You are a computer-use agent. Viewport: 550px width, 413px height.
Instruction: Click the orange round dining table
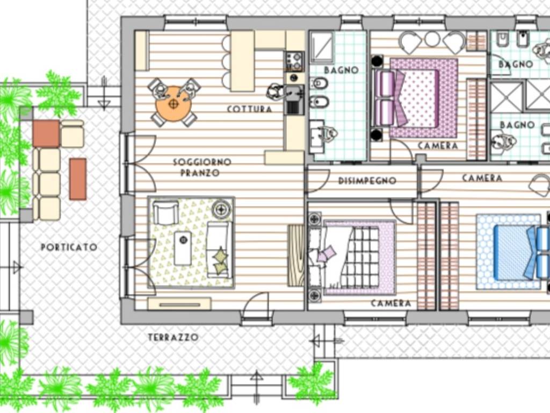coord(173,104)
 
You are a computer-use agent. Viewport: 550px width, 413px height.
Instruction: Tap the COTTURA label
coord(249,109)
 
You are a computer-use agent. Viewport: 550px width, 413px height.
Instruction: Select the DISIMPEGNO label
coord(367,181)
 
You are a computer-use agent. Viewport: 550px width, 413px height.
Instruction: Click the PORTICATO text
coord(69,247)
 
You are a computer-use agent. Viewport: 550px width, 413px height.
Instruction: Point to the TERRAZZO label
coord(173,338)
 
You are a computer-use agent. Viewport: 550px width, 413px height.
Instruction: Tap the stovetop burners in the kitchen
coord(295,61)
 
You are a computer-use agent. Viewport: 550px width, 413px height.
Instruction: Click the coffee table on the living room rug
coord(183,248)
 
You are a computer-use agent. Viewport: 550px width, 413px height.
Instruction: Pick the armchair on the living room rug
coord(165,212)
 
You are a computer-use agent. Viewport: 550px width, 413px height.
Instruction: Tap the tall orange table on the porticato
coord(78,179)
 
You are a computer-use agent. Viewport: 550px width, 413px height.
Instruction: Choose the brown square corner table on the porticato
coord(46,133)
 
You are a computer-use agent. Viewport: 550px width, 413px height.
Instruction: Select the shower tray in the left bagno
coord(322,47)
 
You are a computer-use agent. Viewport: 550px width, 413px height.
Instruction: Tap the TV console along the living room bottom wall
coord(179,304)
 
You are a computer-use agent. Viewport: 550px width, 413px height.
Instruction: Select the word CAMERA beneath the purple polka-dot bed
coord(438,146)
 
